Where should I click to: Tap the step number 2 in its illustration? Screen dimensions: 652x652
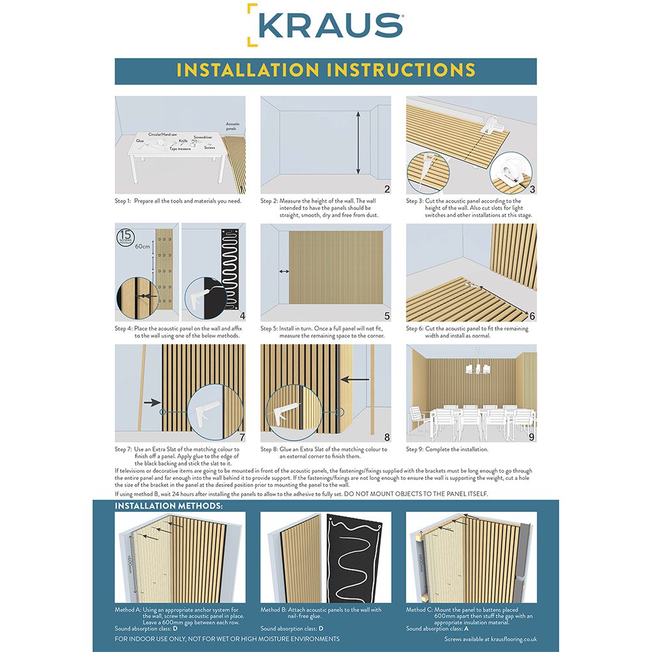(387, 190)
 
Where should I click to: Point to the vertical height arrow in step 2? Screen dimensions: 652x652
(358, 143)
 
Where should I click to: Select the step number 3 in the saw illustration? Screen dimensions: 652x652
(532, 190)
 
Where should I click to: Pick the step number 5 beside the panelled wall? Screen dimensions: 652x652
(387, 317)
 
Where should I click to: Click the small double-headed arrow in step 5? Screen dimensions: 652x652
(284, 271)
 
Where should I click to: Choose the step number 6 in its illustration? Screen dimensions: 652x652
(532, 317)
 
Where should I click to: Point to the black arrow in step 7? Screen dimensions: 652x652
(153, 404)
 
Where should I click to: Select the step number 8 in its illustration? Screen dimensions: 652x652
(387, 437)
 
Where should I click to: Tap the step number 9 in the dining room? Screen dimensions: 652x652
(532, 437)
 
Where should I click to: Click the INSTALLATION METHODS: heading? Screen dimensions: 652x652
(169, 506)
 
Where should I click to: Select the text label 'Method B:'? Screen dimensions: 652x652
(273, 610)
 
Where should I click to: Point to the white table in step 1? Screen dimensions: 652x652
(176, 156)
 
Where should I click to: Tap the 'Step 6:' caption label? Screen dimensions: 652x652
(416, 329)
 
